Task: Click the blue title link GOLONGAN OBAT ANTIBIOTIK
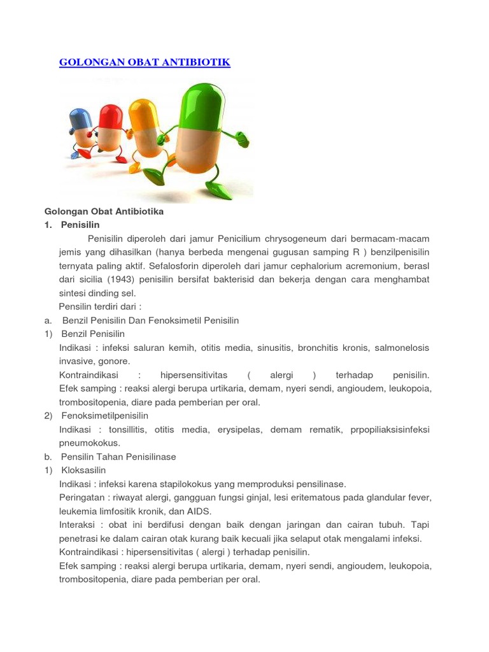click(145, 62)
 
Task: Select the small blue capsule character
click(81, 128)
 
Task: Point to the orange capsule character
click(145, 124)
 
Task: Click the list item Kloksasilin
click(83, 471)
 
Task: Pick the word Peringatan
click(81, 497)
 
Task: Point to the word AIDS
click(198, 511)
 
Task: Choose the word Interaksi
click(76, 525)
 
